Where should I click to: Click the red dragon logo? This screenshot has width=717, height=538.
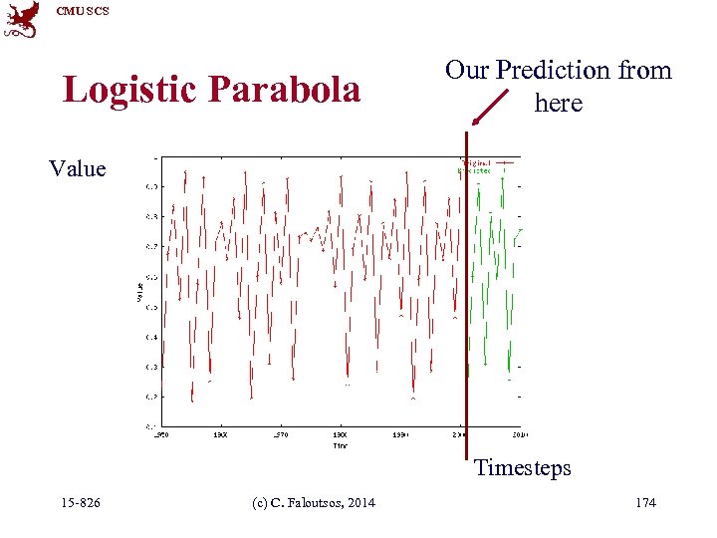(22, 20)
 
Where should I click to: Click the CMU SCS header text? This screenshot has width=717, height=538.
(83, 11)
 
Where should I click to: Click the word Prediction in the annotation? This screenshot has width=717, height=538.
(555, 70)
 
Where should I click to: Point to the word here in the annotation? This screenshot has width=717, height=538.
(558, 103)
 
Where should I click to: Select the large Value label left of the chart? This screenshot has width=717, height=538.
(78, 168)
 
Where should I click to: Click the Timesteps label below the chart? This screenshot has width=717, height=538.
(522, 467)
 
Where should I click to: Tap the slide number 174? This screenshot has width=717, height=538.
(645, 502)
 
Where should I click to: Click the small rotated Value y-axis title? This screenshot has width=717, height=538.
(139, 291)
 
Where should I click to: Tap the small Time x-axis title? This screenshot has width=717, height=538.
(341, 445)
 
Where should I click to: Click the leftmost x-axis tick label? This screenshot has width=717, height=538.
(159, 435)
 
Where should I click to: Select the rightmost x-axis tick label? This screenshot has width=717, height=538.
(519, 435)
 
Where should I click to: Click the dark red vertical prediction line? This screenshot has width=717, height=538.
(466, 299)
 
